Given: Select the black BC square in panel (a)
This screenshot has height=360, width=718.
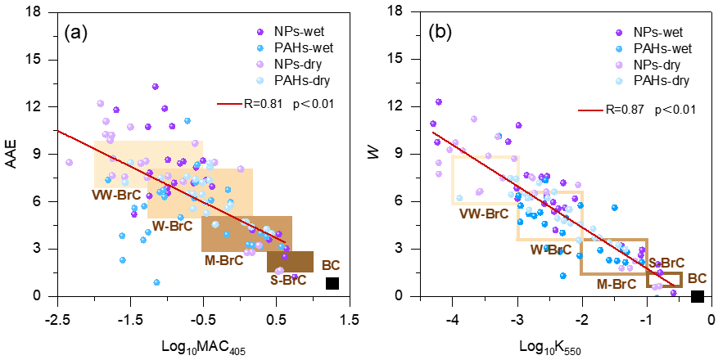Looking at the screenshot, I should (332, 283).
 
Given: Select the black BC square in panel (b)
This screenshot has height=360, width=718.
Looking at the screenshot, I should (698, 295).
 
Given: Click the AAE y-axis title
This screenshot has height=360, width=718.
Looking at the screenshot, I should (12, 154).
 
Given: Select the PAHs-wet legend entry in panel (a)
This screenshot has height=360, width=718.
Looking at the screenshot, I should (293, 48).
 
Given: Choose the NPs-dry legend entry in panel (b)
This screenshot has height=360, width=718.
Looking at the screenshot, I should (653, 64).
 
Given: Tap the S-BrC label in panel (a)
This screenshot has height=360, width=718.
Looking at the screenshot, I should (287, 280).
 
